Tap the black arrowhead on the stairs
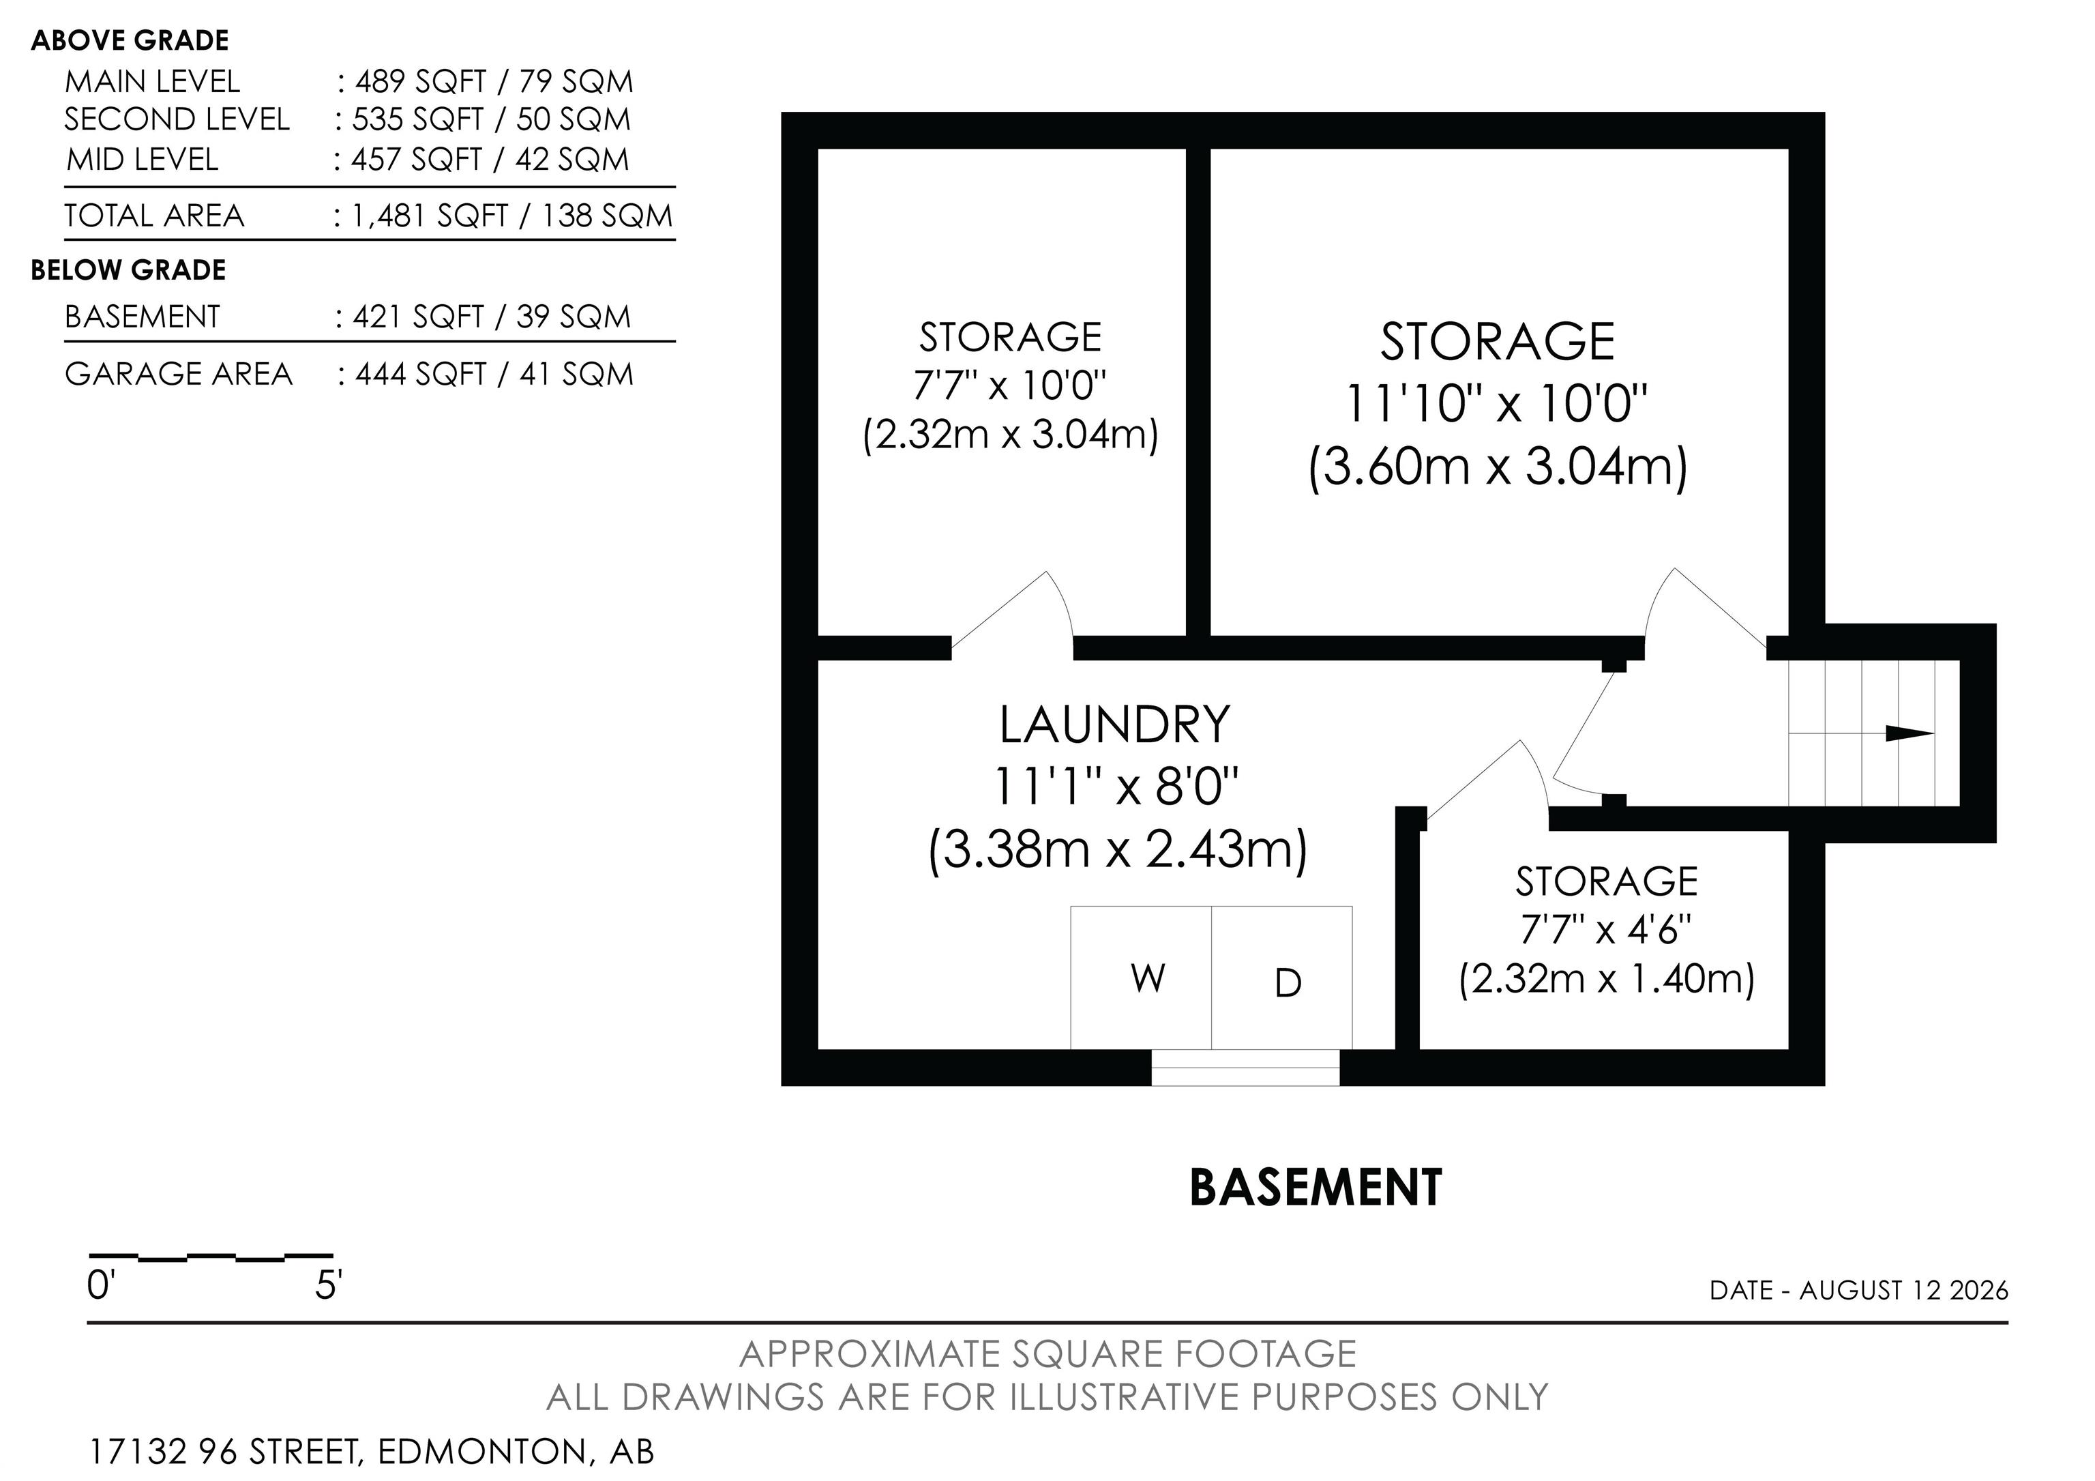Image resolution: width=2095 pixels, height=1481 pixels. coord(1909,733)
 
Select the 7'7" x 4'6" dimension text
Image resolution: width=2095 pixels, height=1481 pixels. coord(1606,930)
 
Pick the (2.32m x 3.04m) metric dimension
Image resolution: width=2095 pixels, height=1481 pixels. coord(1010,435)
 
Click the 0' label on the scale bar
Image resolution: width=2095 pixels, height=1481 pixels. coord(99,1286)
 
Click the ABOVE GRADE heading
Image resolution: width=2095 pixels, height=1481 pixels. coord(130,40)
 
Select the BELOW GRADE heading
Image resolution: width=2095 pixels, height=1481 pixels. coord(129,270)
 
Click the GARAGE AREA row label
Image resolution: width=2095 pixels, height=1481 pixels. coord(179,374)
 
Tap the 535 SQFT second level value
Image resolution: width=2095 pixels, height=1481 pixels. coord(418,119)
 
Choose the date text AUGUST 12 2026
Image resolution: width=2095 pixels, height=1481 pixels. coord(1903,1290)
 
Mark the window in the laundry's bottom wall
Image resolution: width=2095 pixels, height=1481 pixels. coord(1245,1068)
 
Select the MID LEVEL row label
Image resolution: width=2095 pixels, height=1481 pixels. coord(143,160)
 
